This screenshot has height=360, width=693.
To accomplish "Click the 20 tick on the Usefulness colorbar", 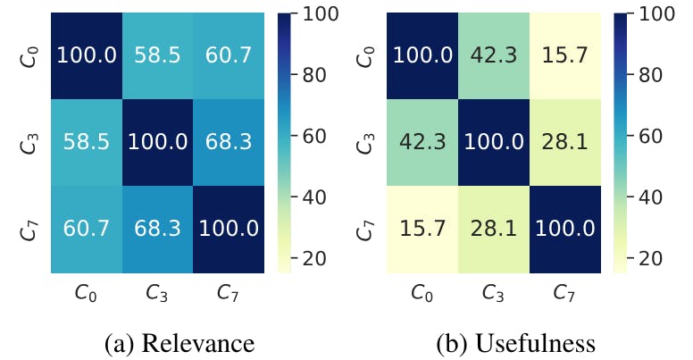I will click(x=647, y=257).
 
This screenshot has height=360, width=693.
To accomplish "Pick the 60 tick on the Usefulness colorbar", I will click(x=647, y=137).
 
